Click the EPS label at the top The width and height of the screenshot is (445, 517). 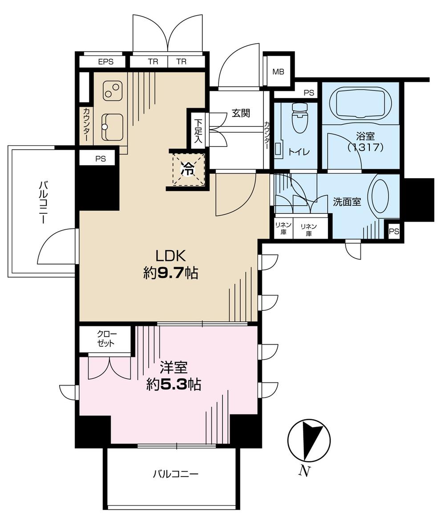[x=105, y=62]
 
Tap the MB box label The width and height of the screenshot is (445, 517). [x=278, y=72]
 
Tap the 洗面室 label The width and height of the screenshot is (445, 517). [x=347, y=202]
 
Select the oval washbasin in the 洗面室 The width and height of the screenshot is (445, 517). [x=380, y=196]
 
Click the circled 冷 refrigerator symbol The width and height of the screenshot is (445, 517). [x=187, y=169]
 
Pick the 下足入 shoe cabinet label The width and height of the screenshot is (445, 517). [x=197, y=129]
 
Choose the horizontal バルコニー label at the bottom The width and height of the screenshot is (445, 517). [x=175, y=475]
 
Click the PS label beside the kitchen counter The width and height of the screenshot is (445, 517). [x=100, y=159]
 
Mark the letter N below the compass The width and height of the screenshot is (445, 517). [x=304, y=471]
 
